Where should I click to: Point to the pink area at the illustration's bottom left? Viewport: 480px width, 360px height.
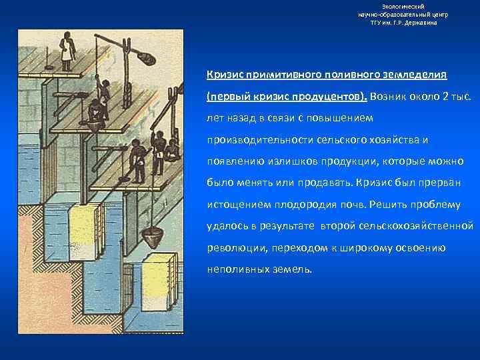pyautogui.click(x=40, y=280)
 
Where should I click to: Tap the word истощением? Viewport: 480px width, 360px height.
pyautogui.click(x=237, y=205)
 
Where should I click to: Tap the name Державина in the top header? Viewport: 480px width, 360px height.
pyautogui.click(x=420, y=23)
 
